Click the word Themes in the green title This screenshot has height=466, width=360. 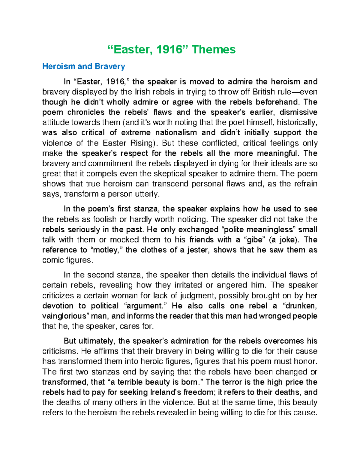(x=214, y=50)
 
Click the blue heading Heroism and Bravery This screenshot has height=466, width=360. (x=83, y=66)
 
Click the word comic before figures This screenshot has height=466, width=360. (x=51, y=260)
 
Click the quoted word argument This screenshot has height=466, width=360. (x=146, y=306)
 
